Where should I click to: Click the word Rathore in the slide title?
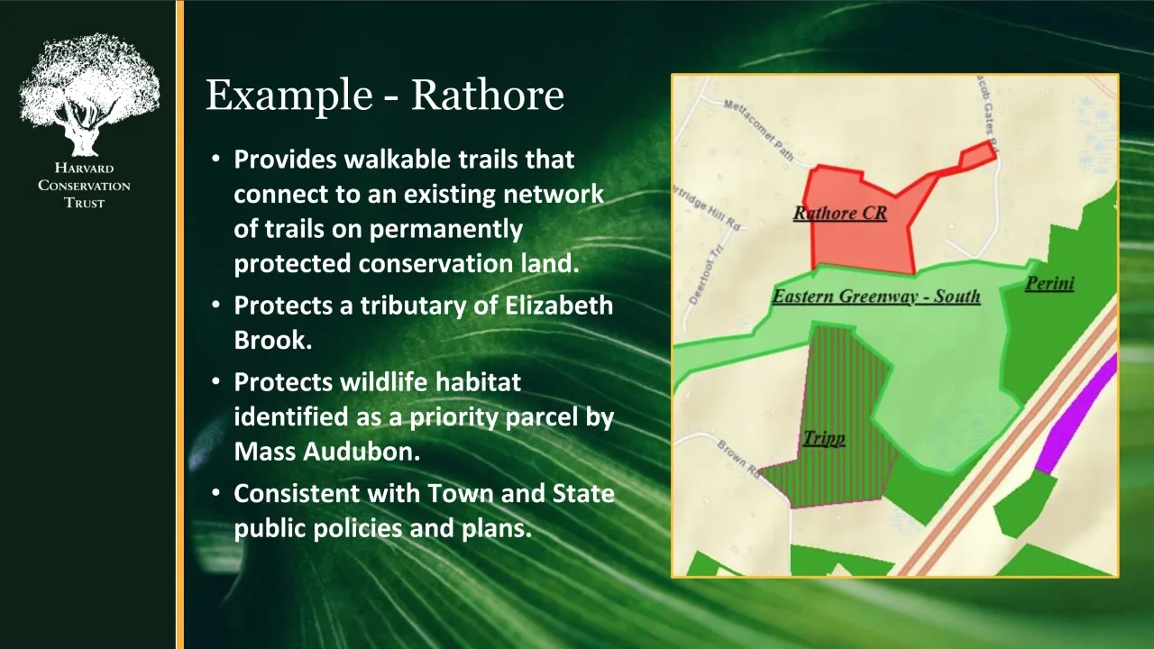point(488,96)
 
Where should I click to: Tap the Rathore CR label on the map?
point(839,214)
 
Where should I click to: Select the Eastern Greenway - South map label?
point(875,297)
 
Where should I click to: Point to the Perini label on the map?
point(1049,283)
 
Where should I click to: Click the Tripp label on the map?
point(824,438)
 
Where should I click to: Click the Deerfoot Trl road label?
point(705,275)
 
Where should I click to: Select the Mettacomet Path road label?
point(758,129)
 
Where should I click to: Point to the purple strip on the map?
point(1076,414)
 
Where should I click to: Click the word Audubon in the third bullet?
point(362,452)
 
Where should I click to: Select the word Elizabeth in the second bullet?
point(559,306)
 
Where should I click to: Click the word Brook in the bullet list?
point(273,341)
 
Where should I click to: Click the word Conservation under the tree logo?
point(84,186)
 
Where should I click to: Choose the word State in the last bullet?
point(583,493)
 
